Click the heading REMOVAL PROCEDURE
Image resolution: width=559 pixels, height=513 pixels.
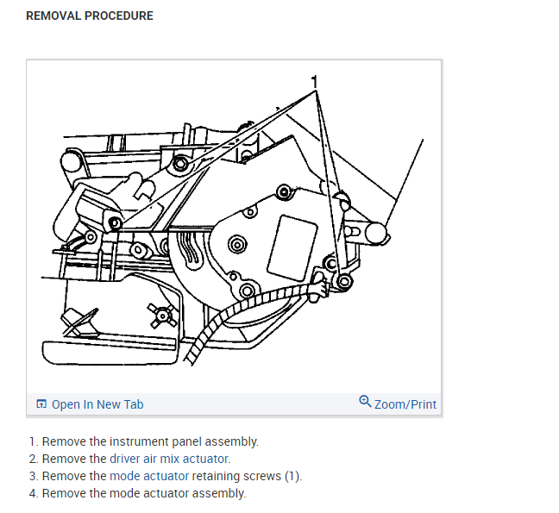point(90,16)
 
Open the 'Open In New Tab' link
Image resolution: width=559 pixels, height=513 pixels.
point(97,404)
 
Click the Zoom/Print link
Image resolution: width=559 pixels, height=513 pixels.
point(405,404)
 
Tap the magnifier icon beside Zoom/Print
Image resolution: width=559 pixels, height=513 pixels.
point(365,402)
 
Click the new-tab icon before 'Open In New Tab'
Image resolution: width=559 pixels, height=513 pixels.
point(41,404)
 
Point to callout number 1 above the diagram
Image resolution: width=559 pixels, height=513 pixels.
point(315,81)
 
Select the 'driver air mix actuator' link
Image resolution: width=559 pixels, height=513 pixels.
point(170,459)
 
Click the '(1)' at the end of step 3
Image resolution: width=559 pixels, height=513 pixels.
point(292,476)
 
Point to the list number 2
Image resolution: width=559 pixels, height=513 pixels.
point(33,459)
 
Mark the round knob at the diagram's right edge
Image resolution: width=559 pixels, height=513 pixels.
point(376,231)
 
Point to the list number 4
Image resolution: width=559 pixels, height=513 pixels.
point(33,493)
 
